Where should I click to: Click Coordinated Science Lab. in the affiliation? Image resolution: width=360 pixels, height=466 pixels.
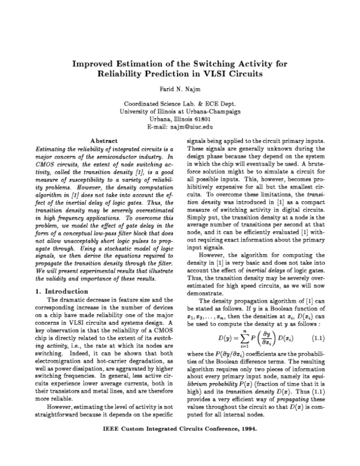tap(156, 103)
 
